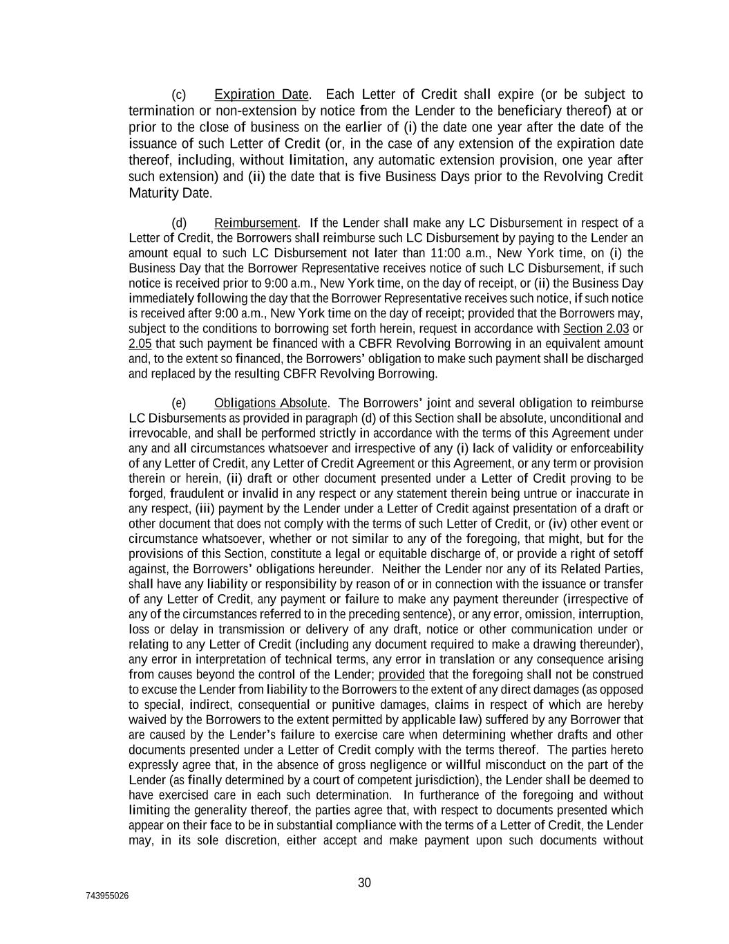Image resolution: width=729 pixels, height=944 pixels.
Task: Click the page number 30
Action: pyautogui.click(x=364, y=882)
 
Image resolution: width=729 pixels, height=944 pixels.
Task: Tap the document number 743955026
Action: pyautogui.click(x=107, y=896)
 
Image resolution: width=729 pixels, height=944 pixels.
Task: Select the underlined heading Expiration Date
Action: pyautogui.click(x=261, y=94)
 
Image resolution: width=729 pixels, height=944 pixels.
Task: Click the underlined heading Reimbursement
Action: pyautogui.click(x=256, y=223)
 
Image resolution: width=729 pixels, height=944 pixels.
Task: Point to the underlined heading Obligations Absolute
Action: pyautogui.click(x=271, y=403)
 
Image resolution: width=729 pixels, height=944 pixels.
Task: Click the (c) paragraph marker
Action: pyautogui.click(x=178, y=94)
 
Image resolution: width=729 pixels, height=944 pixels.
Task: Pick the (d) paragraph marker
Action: pyautogui.click(x=178, y=223)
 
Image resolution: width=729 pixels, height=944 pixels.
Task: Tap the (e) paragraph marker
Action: pyautogui.click(x=178, y=403)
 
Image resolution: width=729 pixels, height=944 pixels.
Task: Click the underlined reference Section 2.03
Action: pyautogui.click(x=596, y=328)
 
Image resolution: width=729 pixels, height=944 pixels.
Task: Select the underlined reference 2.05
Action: pyautogui.click(x=140, y=344)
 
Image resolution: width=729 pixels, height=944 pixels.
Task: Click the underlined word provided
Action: pyautogui.click(x=401, y=674)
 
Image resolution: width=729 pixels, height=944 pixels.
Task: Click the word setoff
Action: pyautogui.click(x=627, y=554)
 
